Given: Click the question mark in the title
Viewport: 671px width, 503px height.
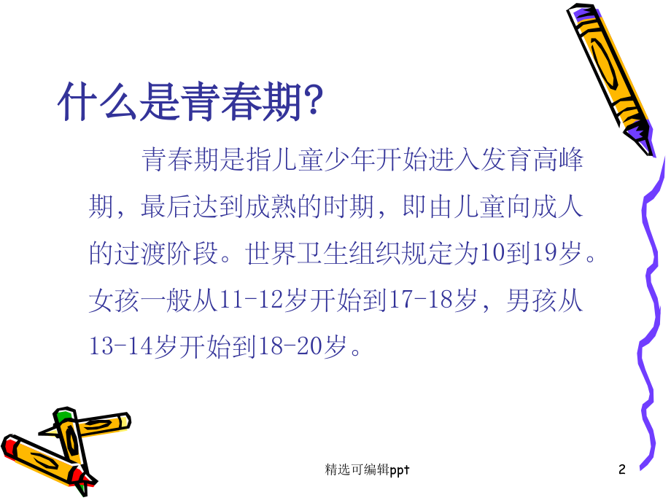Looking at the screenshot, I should pyautogui.click(x=311, y=104).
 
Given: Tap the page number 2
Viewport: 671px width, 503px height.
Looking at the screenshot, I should pyautogui.click(x=621, y=470).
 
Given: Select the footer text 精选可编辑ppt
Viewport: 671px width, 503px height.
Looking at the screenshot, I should pyautogui.click(x=367, y=470).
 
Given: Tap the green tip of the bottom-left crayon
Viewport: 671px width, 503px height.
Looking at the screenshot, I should pyautogui.click(x=64, y=416).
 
